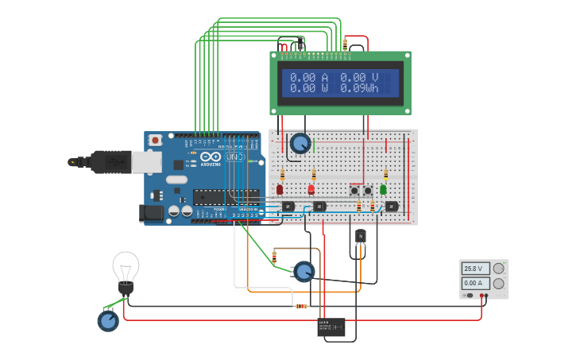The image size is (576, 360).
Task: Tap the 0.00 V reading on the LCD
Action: pyautogui.click(x=359, y=77)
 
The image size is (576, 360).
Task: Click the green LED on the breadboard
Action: pyautogui.click(x=383, y=189)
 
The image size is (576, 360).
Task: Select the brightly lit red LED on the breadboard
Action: pyautogui.click(x=311, y=189)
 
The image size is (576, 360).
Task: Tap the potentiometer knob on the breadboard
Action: pyautogui.click(x=300, y=143)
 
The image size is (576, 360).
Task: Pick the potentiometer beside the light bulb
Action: pyautogui.click(x=108, y=321)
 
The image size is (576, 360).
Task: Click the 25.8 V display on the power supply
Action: pyautogui.click(x=476, y=269)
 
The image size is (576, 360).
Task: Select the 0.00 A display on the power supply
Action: pyautogui.click(x=476, y=283)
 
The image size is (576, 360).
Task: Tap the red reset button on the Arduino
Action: pyautogui.click(x=156, y=141)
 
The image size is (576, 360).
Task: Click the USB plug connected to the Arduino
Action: pyautogui.click(x=111, y=161)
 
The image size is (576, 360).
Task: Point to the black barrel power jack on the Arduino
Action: pyautogui.click(x=151, y=212)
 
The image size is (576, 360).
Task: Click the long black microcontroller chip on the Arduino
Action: pyautogui.click(x=226, y=197)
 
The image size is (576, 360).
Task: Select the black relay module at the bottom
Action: pyautogui.click(x=331, y=327)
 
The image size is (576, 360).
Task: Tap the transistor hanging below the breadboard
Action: pyautogui.click(x=361, y=236)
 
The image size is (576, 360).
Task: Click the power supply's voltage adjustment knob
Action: pyautogui.click(x=499, y=269)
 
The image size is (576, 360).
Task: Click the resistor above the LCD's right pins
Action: pyautogui.click(x=344, y=44)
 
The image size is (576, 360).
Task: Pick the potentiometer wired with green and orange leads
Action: pyautogui.click(x=303, y=272)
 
